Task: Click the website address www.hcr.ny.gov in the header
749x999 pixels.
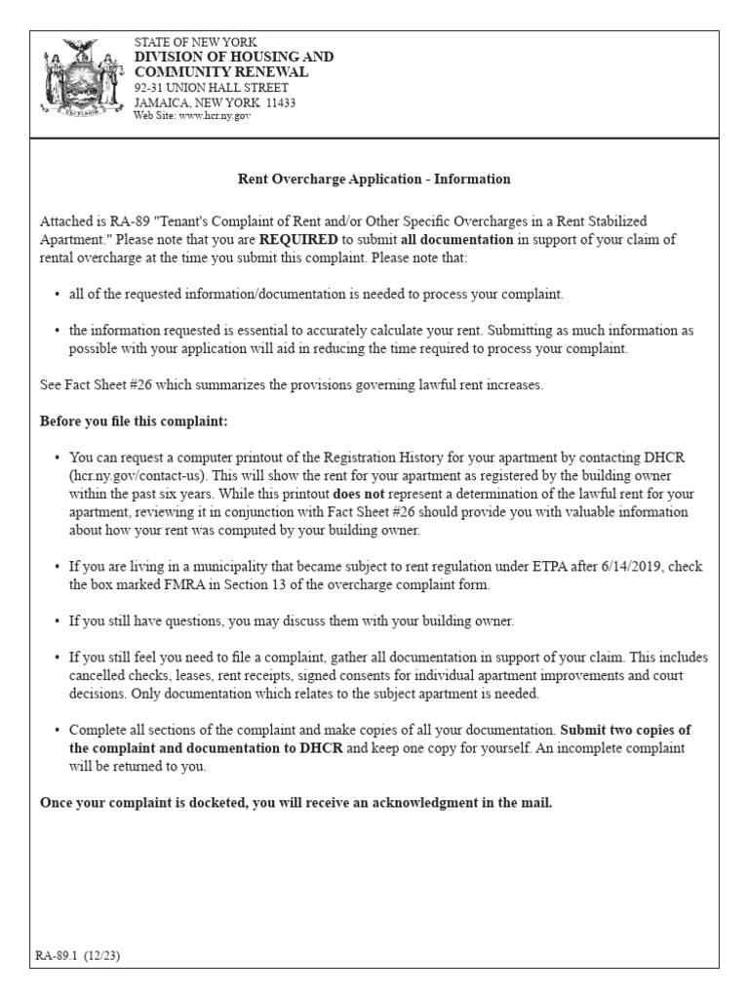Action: (x=207, y=115)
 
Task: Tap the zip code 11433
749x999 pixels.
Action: (x=277, y=101)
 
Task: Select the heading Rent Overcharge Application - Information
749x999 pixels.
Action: (x=374, y=180)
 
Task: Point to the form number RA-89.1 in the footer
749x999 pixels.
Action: (x=59, y=956)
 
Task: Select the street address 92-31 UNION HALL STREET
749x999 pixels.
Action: (x=212, y=87)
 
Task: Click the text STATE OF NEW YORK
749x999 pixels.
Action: (x=195, y=42)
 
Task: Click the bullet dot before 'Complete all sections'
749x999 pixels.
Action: (x=58, y=730)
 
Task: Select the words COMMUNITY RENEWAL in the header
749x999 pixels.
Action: (x=221, y=72)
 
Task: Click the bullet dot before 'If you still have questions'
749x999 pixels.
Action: (x=58, y=620)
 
